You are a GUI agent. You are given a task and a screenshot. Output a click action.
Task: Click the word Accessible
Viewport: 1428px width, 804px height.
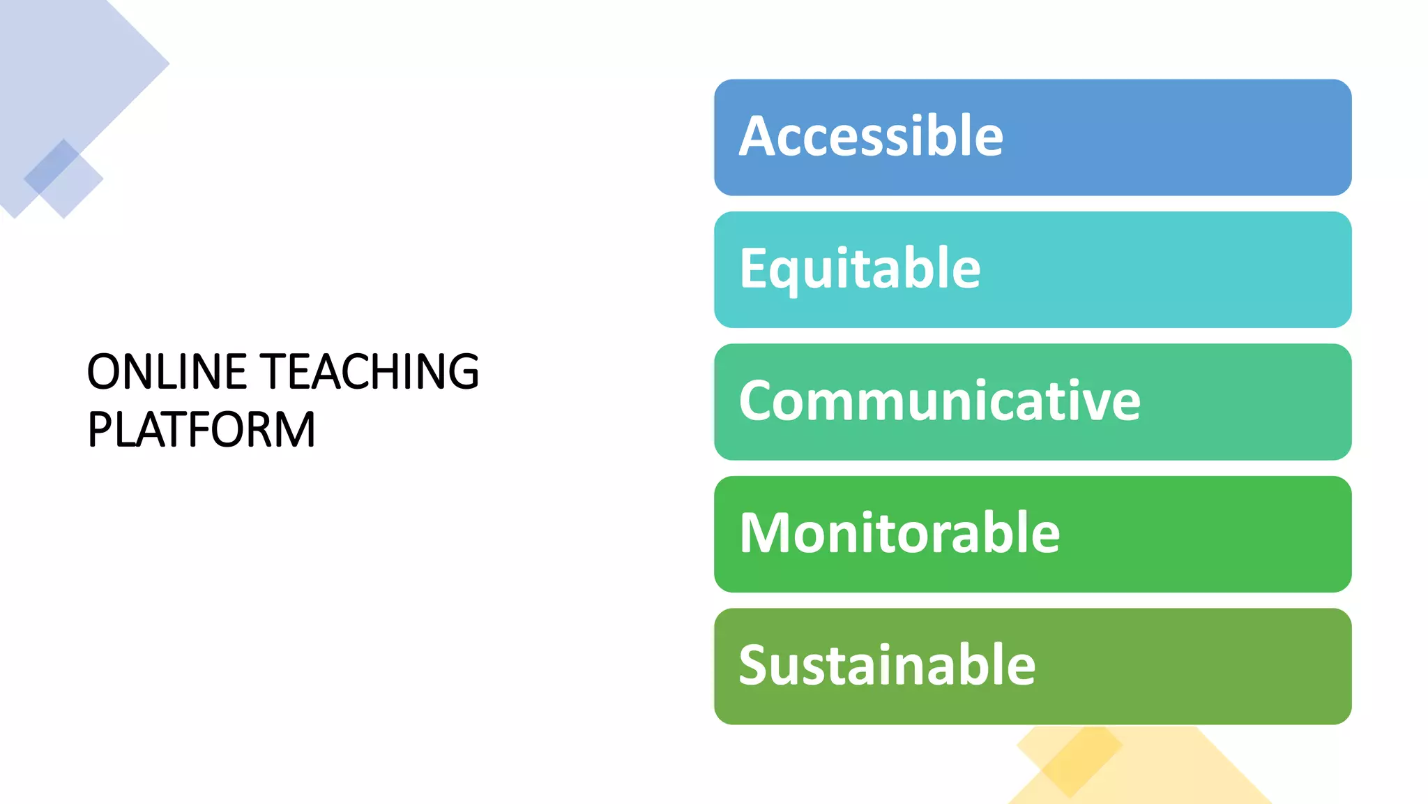(x=871, y=136)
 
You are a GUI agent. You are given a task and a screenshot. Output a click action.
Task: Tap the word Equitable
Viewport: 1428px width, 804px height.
(x=860, y=269)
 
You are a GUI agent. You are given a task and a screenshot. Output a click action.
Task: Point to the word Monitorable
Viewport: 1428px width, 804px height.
(x=899, y=533)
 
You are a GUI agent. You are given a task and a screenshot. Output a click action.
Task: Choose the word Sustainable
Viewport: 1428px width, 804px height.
(x=887, y=665)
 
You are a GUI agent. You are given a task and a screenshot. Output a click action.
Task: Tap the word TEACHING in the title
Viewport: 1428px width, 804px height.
(x=369, y=371)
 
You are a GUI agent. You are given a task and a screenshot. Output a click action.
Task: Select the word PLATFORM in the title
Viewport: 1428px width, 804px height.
(x=202, y=429)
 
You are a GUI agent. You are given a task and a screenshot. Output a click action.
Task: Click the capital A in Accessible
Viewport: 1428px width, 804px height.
(x=758, y=136)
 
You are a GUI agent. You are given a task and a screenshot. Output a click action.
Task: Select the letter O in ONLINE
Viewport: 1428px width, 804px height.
(x=105, y=371)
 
